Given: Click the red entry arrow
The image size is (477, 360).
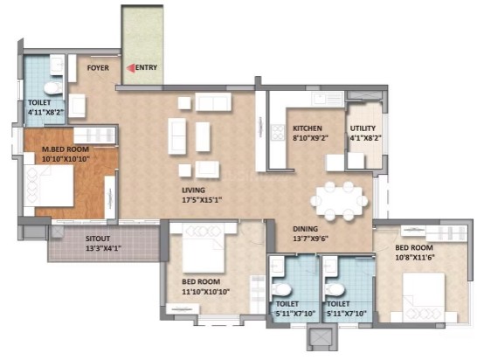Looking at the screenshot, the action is click(130, 68).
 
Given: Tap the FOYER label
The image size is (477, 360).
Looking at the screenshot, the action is click(98, 68).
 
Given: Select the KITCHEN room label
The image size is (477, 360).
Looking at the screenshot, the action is click(307, 128).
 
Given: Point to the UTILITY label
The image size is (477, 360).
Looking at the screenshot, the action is click(363, 128).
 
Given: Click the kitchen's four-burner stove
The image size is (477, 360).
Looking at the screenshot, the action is click(278, 132).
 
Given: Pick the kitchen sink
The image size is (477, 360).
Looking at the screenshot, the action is click(328, 100).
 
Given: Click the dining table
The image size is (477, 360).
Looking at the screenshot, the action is click(339, 201).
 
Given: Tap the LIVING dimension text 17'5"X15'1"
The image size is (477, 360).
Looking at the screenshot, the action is click(202, 200).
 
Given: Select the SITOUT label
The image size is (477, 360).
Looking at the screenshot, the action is click(98, 239).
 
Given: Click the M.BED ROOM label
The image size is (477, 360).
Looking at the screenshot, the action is click(66, 149).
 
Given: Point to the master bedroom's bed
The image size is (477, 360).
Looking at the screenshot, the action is click(49, 186).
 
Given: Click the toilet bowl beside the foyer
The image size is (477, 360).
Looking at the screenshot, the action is click(53, 88).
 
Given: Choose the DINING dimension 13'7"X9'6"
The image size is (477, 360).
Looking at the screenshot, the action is click(311, 239).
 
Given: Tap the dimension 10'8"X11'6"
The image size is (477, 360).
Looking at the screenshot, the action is click(415, 258).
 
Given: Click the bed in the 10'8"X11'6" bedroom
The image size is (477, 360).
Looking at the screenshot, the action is click(424, 297).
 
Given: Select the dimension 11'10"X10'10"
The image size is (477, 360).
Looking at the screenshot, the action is click(205, 292).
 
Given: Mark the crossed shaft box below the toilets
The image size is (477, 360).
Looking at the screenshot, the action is click(321, 337).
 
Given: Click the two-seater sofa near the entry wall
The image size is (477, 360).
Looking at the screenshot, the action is click(213, 101).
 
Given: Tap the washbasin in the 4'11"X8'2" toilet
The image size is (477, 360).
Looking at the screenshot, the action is click(57, 65).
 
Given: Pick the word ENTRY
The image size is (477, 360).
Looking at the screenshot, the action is click(146, 67).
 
